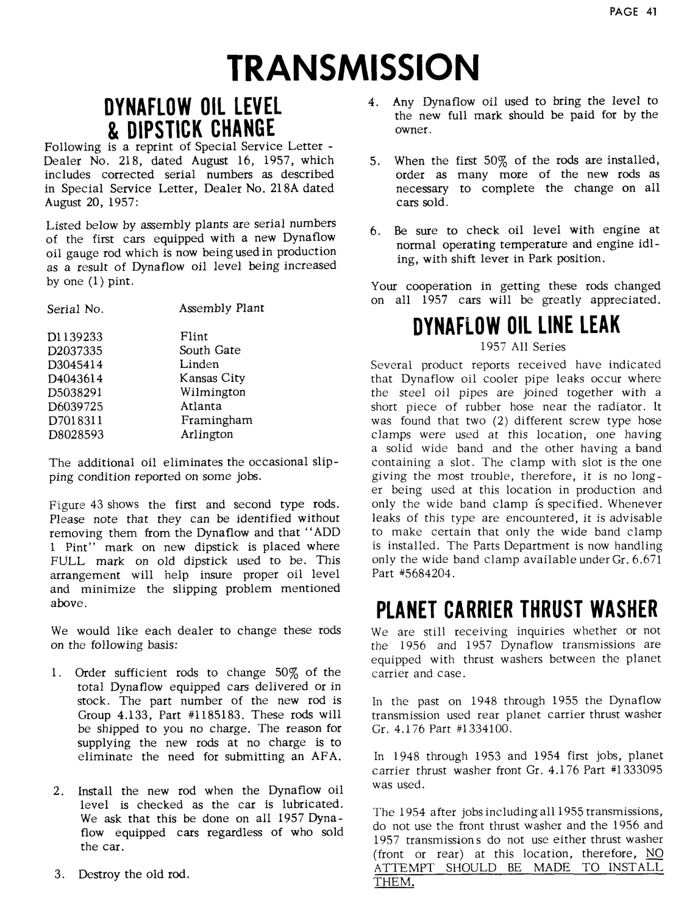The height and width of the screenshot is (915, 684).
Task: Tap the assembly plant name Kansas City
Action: pyautogui.click(x=212, y=378)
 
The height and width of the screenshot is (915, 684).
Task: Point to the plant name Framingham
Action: pyautogui.click(x=216, y=420)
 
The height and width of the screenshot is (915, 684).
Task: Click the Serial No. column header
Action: pyautogui.click(x=75, y=309)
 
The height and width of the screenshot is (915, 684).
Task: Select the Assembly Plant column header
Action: pyautogui.click(x=221, y=308)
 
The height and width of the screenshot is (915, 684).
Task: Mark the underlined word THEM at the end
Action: pyautogui.click(x=393, y=881)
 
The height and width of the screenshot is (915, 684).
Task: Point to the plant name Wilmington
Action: pyautogui.click(x=213, y=392)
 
